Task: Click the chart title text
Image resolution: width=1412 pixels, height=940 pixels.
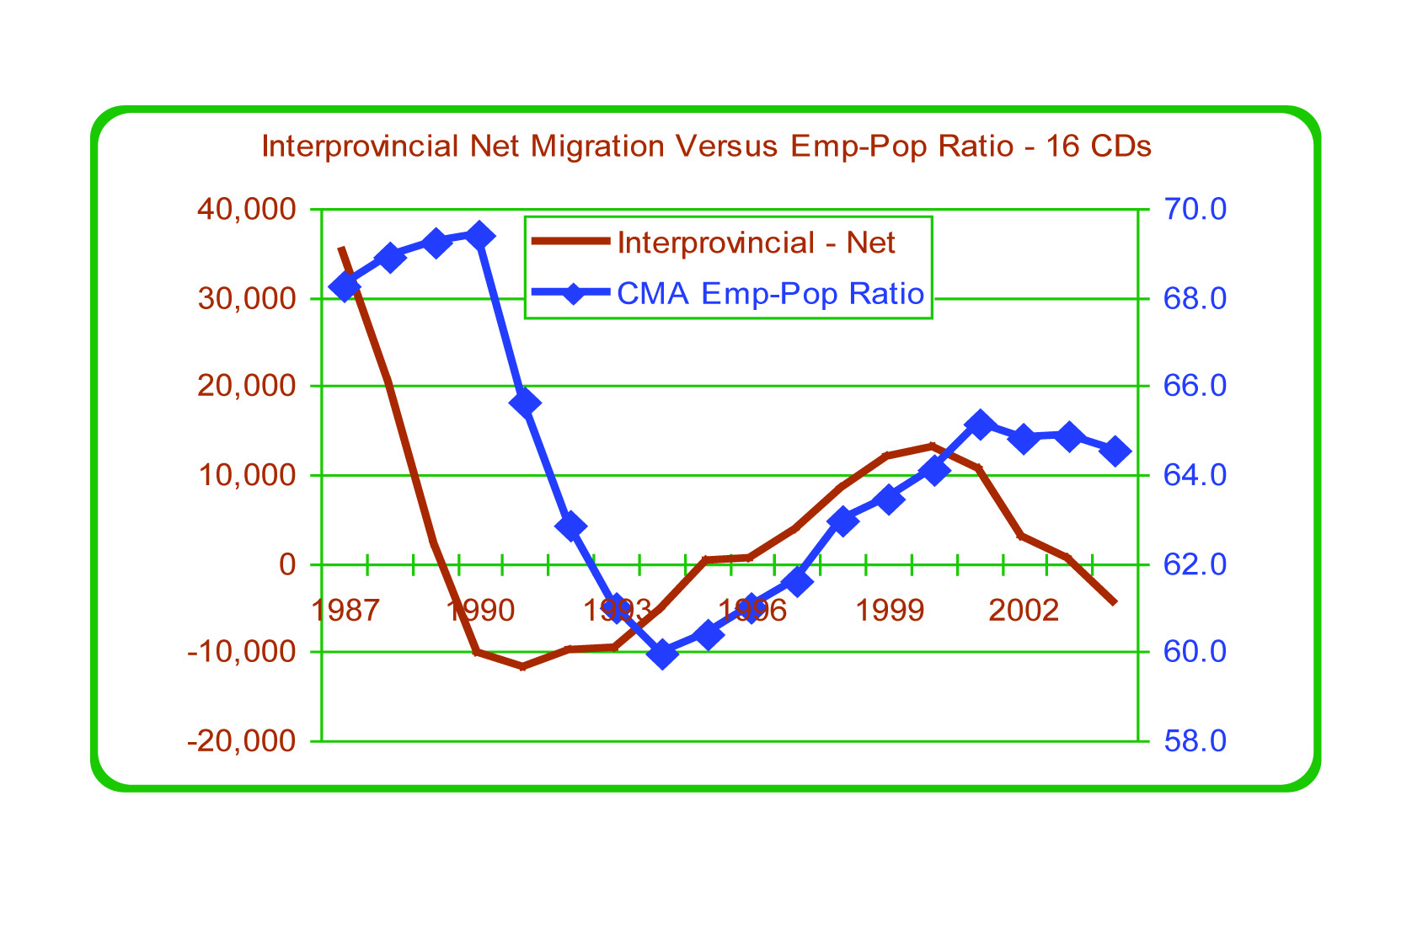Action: tap(706, 147)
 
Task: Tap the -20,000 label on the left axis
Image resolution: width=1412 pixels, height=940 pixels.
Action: tap(243, 741)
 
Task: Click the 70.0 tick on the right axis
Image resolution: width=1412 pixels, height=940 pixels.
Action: tap(1195, 209)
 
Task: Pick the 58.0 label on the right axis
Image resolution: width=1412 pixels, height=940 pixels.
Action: tap(1195, 741)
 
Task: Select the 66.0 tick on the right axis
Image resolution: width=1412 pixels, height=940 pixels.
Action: tap(1195, 387)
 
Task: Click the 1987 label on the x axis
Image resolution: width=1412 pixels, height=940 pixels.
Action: tap(344, 611)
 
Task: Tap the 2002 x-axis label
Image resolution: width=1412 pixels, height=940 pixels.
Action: tap(1024, 611)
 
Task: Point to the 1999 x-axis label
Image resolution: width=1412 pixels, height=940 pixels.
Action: tap(890, 611)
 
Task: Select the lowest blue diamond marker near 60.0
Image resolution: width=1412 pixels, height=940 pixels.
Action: tap(662, 654)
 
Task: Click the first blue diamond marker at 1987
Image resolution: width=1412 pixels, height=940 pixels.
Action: tap(345, 287)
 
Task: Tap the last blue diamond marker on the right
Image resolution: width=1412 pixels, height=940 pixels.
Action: tap(1115, 451)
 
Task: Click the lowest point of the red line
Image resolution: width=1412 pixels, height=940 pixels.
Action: tap(523, 666)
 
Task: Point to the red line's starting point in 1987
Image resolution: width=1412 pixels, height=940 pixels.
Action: tap(340, 248)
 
